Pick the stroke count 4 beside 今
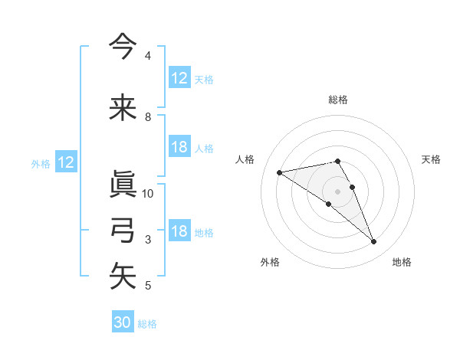tap(148, 56)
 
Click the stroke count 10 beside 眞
tap(148, 193)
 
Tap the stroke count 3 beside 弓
tap(148, 240)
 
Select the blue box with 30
tap(123, 322)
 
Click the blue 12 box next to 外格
tap(65, 162)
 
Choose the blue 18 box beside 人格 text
tap(179, 148)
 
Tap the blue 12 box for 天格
tap(179, 78)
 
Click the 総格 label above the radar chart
tap(338, 100)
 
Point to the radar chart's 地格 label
tap(402, 262)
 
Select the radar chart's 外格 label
tap(270, 262)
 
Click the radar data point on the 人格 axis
tap(280, 172)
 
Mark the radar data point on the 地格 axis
tap(374, 242)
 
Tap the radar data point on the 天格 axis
tap(352, 187)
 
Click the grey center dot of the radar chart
tap(338, 191)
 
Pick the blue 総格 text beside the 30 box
tap(147, 324)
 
